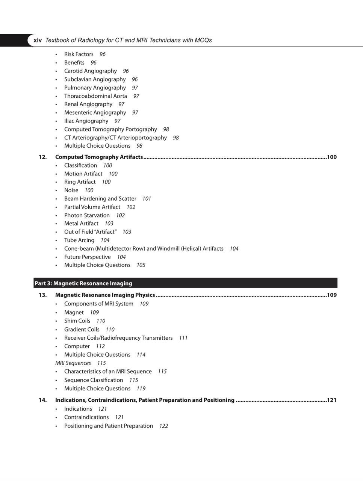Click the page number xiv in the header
click(x=38, y=40)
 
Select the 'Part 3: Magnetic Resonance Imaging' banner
click(x=83, y=283)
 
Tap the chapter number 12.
click(x=42, y=157)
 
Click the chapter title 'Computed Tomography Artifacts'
click(x=99, y=157)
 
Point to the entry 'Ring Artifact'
click(x=80, y=182)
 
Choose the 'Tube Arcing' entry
click(x=79, y=240)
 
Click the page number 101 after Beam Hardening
click(x=147, y=198)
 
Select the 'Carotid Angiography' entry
click(x=91, y=71)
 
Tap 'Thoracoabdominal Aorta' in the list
click(x=95, y=96)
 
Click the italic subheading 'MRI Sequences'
click(x=73, y=363)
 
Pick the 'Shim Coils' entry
click(x=77, y=321)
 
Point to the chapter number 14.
click(x=42, y=400)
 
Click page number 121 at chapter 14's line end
click(x=331, y=400)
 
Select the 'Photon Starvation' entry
click(x=87, y=215)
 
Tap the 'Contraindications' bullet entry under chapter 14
click(x=86, y=417)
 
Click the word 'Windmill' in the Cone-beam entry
click(x=168, y=248)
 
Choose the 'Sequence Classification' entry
click(x=94, y=380)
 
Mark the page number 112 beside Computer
click(x=100, y=346)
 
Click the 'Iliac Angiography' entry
click(x=86, y=121)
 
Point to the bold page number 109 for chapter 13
click(x=331, y=295)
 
